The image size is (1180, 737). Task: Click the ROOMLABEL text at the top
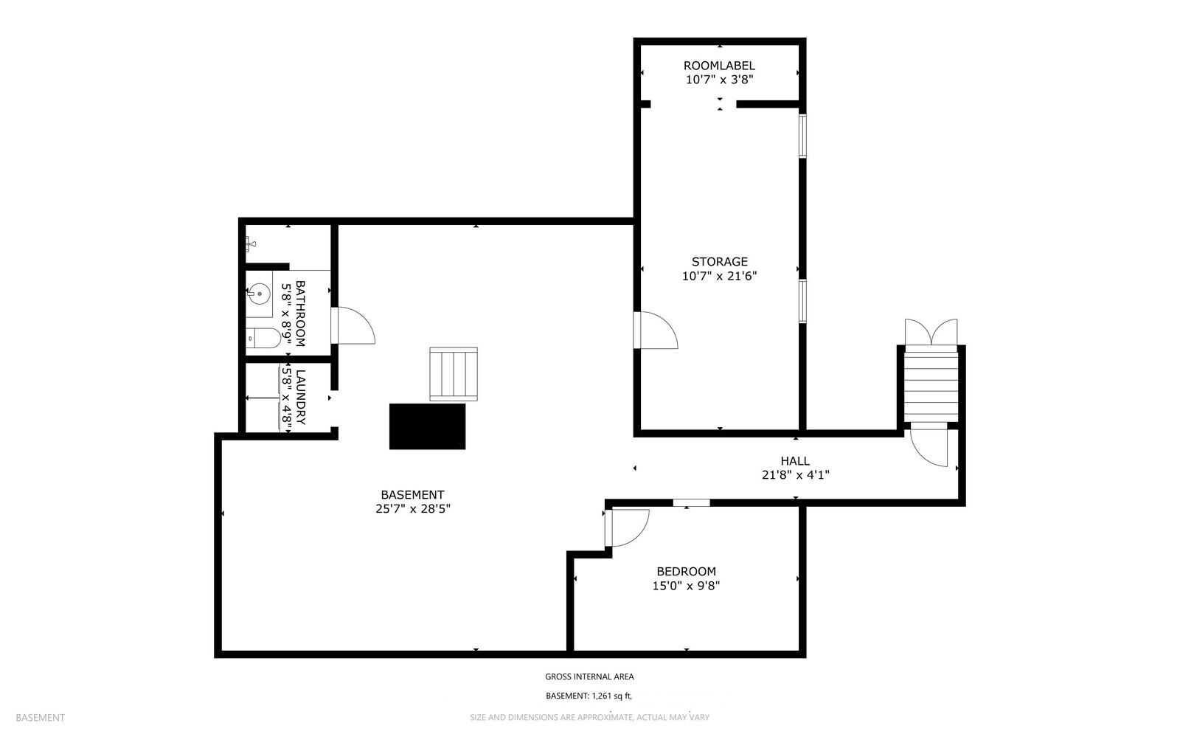(719, 66)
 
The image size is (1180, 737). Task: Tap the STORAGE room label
(719, 262)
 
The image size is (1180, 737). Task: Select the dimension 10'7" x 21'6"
(719, 277)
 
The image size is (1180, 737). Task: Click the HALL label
(795, 461)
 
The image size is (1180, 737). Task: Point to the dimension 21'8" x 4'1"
(795, 476)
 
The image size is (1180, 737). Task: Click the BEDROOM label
(686, 572)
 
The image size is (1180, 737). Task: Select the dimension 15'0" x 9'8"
(686, 587)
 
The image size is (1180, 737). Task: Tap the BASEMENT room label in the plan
(412, 495)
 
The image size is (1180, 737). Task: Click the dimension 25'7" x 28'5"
(412, 509)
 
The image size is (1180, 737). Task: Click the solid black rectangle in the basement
(427, 426)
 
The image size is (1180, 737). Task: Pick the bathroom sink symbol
(258, 294)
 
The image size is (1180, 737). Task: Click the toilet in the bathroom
(263, 339)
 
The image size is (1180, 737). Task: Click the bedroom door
(628, 527)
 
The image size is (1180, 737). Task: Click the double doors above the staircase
(931, 331)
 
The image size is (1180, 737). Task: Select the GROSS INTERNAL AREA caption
(589, 677)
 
